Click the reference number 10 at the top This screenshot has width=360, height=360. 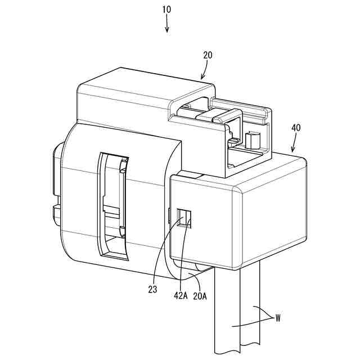(167, 10)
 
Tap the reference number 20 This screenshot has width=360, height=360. (208, 55)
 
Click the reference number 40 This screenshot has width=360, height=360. (296, 128)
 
